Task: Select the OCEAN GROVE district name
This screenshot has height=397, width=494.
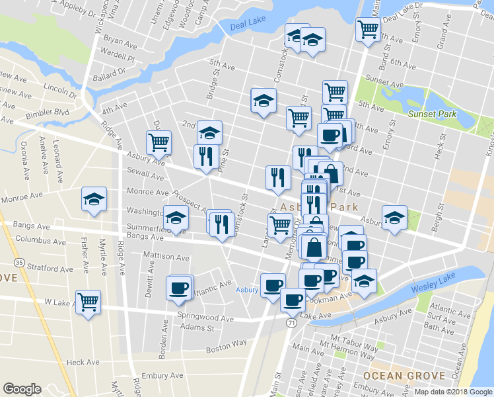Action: [394, 375]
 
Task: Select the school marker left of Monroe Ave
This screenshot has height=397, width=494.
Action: [94, 198]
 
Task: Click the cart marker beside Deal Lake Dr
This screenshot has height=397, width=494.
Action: [367, 28]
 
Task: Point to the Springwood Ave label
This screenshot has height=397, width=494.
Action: [205, 318]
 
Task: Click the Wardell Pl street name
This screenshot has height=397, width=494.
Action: [118, 58]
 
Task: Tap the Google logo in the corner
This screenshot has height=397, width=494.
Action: [22, 389]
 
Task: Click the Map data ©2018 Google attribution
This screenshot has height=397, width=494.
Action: [453, 392]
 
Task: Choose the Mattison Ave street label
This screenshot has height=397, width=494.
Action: [166, 256]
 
